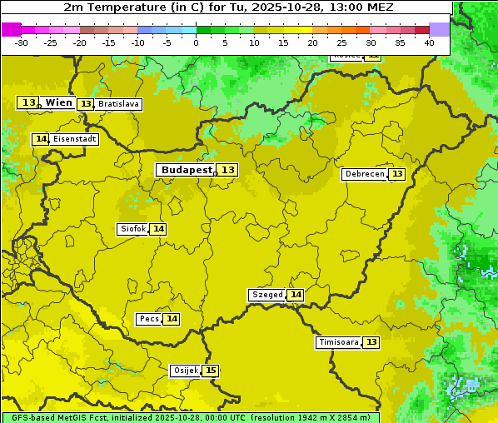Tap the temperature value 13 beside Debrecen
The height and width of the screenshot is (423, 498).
(x=397, y=174)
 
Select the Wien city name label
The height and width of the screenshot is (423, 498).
(x=58, y=102)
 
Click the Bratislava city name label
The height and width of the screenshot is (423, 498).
(x=117, y=104)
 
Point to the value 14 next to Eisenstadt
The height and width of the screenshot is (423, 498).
(x=41, y=139)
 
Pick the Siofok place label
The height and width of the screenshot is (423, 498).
(x=132, y=229)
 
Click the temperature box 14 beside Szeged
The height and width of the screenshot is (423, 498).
(x=296, y=295)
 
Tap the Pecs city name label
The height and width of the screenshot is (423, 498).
(x=149, y=319)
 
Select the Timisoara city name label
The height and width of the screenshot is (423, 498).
(x=338, y=342)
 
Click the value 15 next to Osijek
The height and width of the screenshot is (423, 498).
(x=211, y=371)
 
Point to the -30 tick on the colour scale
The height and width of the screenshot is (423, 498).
(x=22, y=42)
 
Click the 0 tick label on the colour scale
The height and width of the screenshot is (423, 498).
(x=196, y=42)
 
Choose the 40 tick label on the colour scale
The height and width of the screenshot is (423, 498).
(x=429, y=42)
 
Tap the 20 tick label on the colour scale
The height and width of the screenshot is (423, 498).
(x=312, y=42)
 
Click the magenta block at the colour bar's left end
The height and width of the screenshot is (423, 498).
(x=11, y=29)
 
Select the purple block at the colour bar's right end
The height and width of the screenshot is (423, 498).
(x=439, y=29)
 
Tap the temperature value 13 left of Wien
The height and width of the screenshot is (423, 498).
(x=28, y=102)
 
